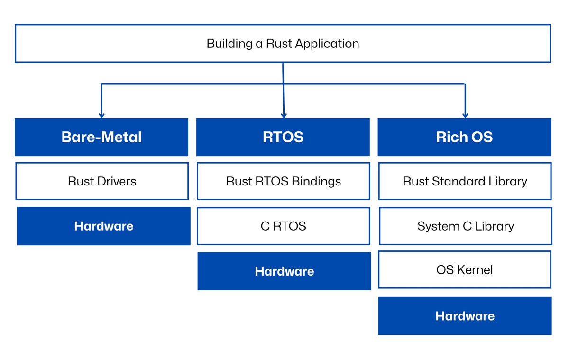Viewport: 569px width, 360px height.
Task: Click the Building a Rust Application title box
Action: (283, 44)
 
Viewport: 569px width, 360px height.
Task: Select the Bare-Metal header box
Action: (101, 137)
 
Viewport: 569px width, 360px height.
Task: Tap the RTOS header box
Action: (283, 137)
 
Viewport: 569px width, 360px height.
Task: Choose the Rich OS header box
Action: (464, 137)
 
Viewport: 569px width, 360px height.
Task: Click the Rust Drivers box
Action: (102, 181)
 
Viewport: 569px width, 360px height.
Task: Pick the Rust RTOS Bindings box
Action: (283, 181)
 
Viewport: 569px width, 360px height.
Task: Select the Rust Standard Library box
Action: (465, 181)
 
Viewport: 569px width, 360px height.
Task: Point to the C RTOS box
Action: (283, 226)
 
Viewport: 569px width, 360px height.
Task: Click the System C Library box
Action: (465, 226)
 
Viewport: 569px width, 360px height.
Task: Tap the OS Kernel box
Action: (464, 270)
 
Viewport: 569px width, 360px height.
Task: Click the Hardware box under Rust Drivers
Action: (103, 226)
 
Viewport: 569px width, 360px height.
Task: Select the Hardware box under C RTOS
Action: (284, 271)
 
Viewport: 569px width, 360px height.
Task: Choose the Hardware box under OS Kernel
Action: (465, 316)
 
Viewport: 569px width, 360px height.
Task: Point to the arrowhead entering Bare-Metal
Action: (101, 115)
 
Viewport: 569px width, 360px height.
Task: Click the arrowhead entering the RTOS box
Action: (284, 115)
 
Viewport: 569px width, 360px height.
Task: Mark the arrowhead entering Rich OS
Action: (465, 115)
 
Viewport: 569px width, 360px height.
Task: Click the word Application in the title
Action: (327, 44)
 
